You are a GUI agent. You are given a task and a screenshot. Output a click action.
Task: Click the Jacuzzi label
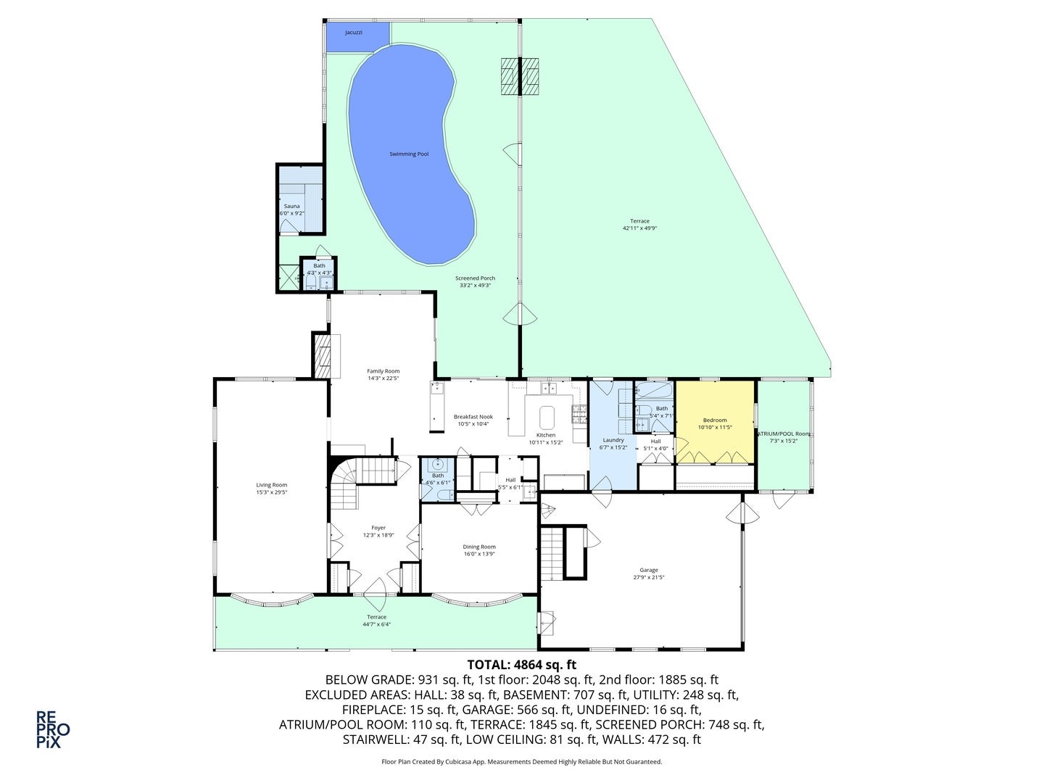point(354,33)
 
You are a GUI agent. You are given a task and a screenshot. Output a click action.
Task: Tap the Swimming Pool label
point(409,154)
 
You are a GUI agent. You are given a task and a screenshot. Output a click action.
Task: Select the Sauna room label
point(291,207)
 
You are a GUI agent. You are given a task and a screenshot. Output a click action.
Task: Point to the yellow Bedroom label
point(714,420)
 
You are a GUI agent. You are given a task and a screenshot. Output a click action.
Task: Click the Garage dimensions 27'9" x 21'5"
point(648,578)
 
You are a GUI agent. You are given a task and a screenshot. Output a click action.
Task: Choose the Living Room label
point(271,485)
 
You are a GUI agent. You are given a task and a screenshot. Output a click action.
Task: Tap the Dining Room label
point(478,547)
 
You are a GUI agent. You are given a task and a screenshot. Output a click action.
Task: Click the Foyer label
point(378,528)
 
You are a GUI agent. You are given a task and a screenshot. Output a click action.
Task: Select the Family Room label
point(383,371)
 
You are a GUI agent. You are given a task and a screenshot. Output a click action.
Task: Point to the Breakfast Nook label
point(473,417)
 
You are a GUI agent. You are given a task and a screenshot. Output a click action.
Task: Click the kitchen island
point(546,417)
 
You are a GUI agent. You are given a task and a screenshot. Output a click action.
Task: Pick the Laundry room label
point(613,440)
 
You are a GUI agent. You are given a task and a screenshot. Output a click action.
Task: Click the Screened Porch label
point(475,278)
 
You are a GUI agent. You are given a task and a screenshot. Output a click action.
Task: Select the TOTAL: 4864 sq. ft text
point(521,664)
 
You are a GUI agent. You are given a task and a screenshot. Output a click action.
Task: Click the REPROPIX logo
point(53,729)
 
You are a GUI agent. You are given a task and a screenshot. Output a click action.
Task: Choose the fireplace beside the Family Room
point(321,355)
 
